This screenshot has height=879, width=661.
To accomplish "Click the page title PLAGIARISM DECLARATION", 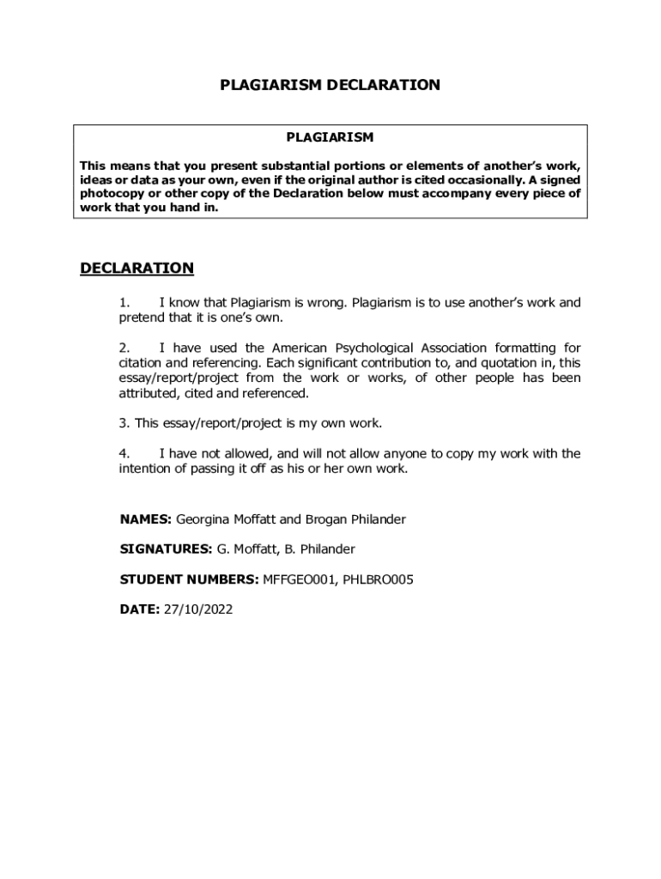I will [330, 85].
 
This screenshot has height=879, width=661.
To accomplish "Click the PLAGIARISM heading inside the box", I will [330, 137].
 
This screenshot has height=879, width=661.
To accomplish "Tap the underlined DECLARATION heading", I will [137, 269].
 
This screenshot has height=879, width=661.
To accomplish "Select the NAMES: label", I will [146, 519].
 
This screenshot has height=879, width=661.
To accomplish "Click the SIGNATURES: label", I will [166, 549].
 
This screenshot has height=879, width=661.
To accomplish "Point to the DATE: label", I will [139, 609].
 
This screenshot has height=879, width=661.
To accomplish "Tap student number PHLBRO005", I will [378, 579].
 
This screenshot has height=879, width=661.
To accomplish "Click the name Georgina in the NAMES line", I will [203, 519].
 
